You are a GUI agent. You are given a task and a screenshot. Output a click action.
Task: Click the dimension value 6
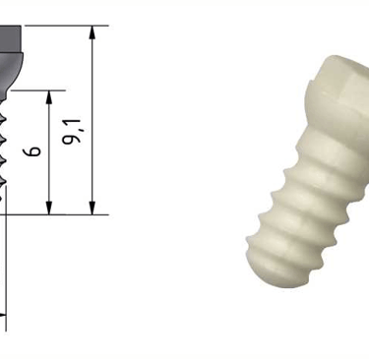coord(32,151)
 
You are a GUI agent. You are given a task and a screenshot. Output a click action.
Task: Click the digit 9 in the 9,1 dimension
coord(71,139)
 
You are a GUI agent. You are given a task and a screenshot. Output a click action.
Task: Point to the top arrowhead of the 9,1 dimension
coord(92,32)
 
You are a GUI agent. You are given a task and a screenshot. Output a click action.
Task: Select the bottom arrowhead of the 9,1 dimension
coord(92,208)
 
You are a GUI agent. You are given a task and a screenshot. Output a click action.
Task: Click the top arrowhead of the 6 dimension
coord(49,97)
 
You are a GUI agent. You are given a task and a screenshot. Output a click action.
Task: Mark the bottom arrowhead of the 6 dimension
coord(49,208)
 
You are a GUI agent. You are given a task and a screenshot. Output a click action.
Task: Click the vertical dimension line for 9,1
coord(92,120)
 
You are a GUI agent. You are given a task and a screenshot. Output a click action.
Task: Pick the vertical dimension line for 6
coord(49,152)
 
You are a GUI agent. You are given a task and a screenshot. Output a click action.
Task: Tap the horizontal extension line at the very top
coord(67,26)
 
